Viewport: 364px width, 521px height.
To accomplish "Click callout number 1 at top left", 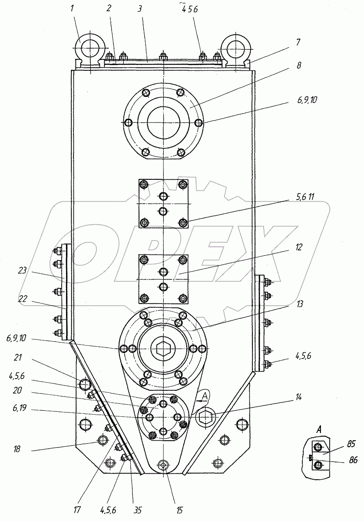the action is click(72, 9).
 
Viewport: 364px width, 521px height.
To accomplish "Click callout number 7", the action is click(298, 42).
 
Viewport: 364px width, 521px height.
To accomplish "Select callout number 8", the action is click(299, 65).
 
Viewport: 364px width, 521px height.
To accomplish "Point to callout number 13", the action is click(300, 303).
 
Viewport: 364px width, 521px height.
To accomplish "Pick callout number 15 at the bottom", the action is click(179, 510).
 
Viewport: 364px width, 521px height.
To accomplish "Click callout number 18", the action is click(17, 449).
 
